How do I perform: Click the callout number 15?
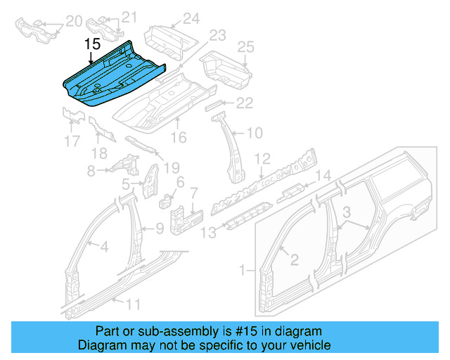(x=93, y=44)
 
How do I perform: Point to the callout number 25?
(x=244, y=47)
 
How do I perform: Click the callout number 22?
(x=244, y=103)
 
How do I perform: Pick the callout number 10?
(x=254, y=132)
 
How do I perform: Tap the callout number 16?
(x=179, y=137)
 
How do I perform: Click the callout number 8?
(x=91, y=170)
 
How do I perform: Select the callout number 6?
(x=180, y=182)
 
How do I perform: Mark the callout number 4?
(x=103, y=246)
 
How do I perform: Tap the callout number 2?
(x=295, y=259)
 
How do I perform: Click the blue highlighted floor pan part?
(x=112, y=74)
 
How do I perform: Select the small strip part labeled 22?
(x=212, y=105)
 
